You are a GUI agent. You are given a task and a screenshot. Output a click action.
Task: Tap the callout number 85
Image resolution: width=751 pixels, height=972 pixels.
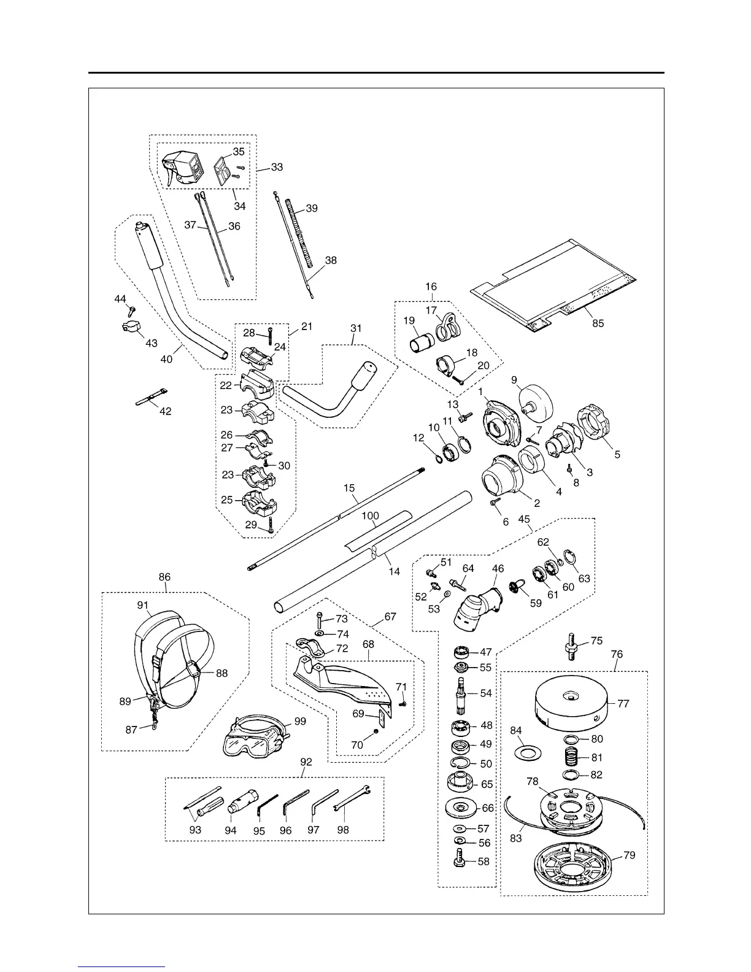598,323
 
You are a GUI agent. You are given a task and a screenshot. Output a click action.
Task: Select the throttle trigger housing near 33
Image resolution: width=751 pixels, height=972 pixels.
181,166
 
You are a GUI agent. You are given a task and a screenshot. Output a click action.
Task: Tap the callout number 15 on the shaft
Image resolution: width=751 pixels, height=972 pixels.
349,488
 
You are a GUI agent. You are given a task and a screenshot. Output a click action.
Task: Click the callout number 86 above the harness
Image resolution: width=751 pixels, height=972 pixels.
164,577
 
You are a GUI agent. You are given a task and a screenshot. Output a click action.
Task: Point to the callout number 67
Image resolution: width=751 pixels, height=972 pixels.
390,617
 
